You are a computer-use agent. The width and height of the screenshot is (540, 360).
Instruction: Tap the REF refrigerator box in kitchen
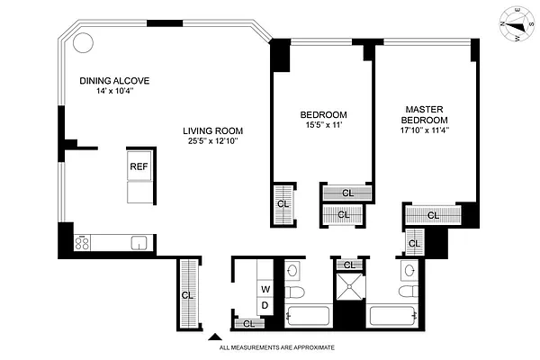pos(139,166)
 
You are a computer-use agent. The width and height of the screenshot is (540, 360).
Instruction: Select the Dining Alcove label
pos(113,81)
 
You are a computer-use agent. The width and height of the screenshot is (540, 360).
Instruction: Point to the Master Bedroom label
pos(425,113)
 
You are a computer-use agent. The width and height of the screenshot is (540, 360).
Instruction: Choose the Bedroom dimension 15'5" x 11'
pos(323,127)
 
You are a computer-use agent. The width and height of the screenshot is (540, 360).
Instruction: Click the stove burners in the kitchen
pos(82,242)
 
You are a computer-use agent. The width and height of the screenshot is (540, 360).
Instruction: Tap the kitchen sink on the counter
pos(139,242)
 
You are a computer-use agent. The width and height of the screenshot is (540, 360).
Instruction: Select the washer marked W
pos(265,289)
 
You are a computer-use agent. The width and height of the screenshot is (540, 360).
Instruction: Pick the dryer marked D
pos(265,305)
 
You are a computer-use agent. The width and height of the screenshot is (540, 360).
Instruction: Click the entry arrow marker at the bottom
pos(214,339)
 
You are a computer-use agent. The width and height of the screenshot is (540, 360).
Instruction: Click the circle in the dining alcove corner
pos(83,41)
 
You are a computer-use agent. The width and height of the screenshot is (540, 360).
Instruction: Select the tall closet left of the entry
pos(188,294)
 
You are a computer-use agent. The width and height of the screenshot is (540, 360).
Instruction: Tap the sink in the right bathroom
pos(409,270)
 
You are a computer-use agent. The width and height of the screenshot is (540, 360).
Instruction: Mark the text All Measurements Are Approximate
pos(277,346)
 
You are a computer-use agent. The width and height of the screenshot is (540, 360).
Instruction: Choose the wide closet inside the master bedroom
pos(432,215)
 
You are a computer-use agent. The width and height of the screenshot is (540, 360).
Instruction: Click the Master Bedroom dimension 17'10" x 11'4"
pos(425,130)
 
